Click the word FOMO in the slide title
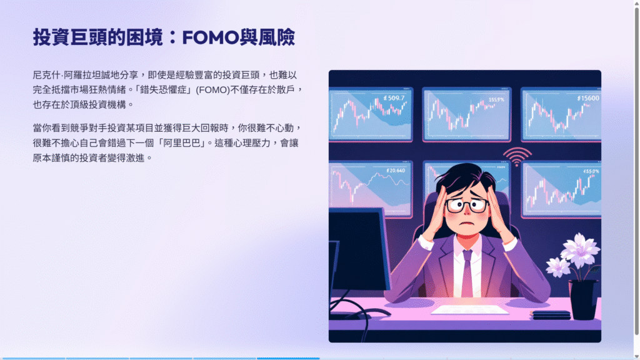tap(210, 37)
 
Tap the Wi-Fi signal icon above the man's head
tap(517, 156)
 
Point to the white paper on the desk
tap(470, 310)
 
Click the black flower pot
tap(584, 299)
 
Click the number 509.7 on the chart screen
tap(394, 98)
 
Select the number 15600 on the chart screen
tap(588, 98)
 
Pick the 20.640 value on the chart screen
tap(396, 171)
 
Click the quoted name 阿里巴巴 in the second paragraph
tap(182, 143)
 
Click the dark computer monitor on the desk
tap(359, 249)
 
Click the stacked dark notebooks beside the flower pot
tap(550, 315)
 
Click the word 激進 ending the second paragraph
tap(135, 158)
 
